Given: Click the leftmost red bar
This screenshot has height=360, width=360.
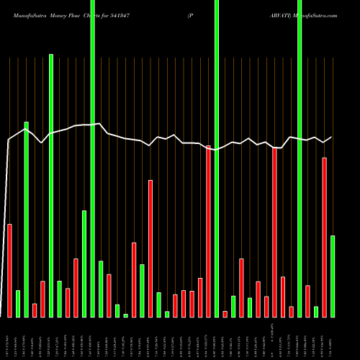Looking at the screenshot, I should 10,270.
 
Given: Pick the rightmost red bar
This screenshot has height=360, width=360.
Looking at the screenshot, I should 324,237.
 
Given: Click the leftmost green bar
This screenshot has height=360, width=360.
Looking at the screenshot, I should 18,303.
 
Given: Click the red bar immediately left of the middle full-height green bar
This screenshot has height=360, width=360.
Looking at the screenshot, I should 209,231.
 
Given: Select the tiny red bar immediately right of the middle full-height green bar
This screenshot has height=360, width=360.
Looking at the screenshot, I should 225,313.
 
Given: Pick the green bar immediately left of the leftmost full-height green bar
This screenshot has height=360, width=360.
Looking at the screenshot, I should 84,264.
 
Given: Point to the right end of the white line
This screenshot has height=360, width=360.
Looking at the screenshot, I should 332,137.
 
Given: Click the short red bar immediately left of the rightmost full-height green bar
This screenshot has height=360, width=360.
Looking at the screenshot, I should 291,311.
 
